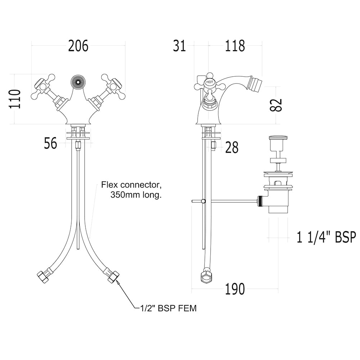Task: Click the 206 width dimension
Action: click(x=78, y=46)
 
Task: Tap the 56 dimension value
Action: click(x=51, y=143)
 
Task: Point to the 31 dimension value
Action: click(x=180, y=46)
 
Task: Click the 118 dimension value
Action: click(x=235, y=46)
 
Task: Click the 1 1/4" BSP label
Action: click(x=326, y=237)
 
